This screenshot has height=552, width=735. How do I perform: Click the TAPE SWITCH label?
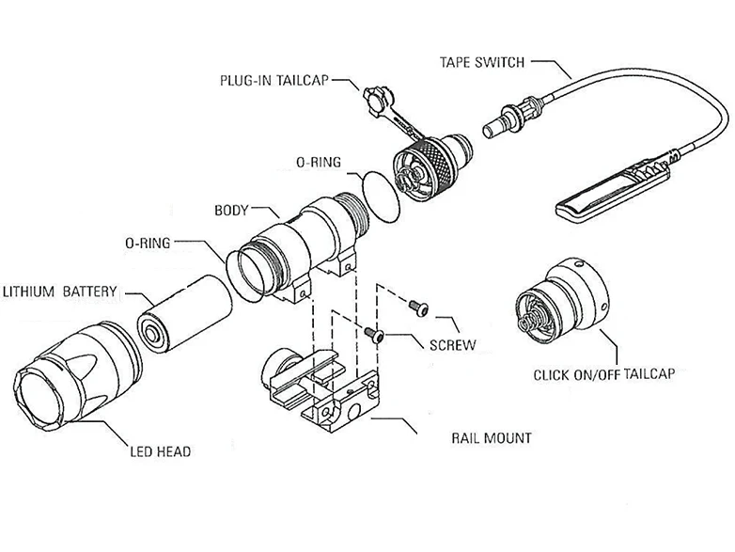[x=482, y=62]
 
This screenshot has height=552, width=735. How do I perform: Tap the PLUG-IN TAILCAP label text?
[x=274, y=80]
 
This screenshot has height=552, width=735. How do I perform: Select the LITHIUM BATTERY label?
[x=59, y=292]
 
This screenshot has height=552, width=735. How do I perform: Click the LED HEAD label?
[x=161, y=451]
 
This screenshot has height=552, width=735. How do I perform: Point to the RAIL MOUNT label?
[x=492, y=438]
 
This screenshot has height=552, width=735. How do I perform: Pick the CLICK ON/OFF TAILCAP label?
[x=604, y=374]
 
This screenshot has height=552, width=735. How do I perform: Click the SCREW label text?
[x=452, y=345]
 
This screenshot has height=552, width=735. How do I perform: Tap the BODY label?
[x=231, y=210]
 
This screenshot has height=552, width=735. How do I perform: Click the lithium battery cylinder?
[x=185, y=313]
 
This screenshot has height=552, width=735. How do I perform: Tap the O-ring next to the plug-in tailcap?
[x=381, y=197]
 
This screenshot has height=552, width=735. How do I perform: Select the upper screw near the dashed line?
[x=418, y=308]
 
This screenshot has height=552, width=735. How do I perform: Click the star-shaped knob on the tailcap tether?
[x=378, y=99]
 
